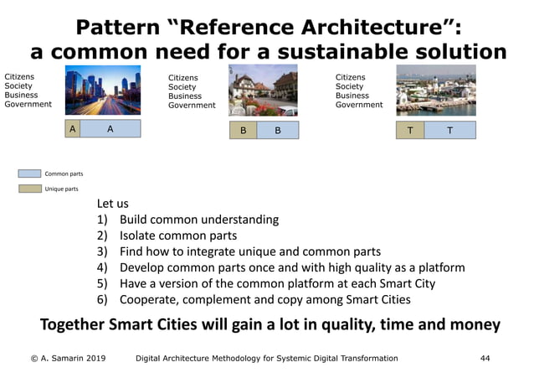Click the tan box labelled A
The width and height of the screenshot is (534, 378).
point(73,129)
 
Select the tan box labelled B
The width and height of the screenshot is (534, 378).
point(242,132)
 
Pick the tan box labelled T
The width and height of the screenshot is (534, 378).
point(409,131)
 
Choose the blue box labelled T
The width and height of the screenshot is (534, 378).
point(449,131)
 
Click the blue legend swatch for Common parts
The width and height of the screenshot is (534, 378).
point(29,173)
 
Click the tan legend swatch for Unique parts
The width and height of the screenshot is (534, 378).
point(29,189)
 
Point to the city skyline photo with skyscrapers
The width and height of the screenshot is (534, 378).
point(103,91)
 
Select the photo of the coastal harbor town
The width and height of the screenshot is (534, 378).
point(435,91)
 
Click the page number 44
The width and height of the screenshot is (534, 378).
point(485,358)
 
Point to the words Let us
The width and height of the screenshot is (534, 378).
point(112,204)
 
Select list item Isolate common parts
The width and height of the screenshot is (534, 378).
point(177,236)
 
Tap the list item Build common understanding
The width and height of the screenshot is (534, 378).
point(198,220)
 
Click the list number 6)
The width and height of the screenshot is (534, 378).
point(104,299)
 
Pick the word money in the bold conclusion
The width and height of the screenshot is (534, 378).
point(474,325)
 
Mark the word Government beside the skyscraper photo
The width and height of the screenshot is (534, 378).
point(28,105)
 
